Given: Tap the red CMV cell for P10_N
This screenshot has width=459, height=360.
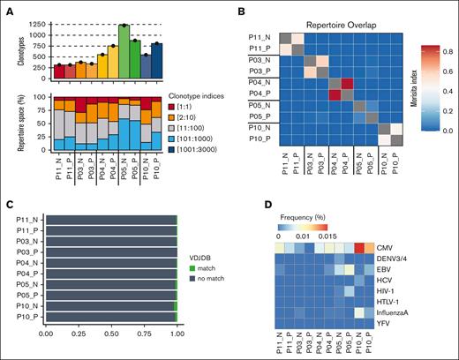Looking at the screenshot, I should (x=360, y=248).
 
